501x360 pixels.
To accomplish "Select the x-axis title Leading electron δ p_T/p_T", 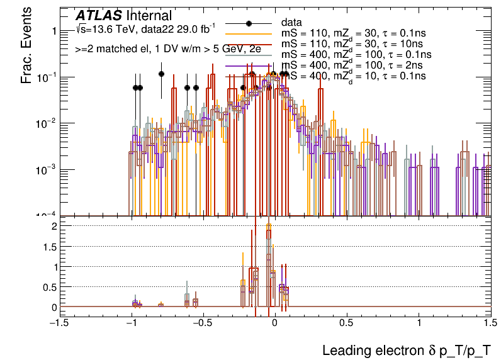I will [406, 350].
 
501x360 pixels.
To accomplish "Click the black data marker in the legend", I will [249, 23].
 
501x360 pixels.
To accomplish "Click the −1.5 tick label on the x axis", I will [59, 322].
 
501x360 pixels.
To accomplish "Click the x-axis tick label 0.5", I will [346, 322].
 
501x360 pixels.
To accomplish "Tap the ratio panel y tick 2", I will [54, 225].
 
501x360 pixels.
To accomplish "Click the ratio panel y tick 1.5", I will [50, 246].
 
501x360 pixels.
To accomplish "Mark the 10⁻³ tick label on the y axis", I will [47, 170].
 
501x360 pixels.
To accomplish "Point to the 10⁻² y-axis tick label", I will [47, 124].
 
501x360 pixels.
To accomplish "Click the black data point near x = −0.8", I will [162, 74].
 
